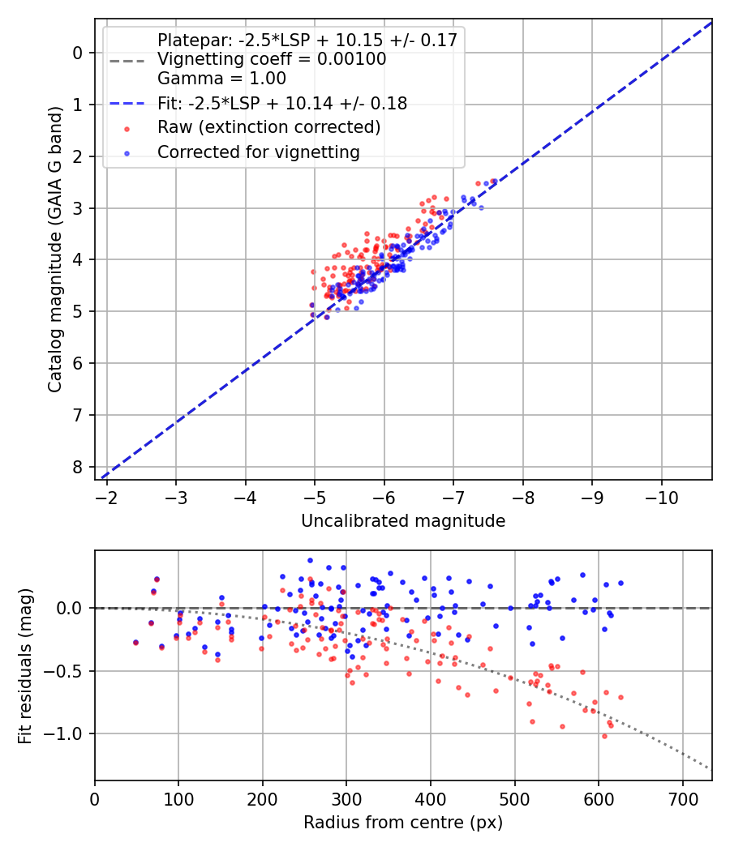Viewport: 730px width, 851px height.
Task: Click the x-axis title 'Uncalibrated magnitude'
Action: click(x=403, y=521)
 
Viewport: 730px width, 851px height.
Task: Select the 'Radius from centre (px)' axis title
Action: click(x=403, y=823)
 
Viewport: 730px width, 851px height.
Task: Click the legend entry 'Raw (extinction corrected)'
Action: click(x=268, y=127)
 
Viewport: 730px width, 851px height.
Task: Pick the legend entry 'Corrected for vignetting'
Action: click(x=259, y=152)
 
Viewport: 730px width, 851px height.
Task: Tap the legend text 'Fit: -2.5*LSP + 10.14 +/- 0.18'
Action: click(x=282, y=103)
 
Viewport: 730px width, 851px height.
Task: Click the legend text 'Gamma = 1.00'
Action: click(x=221, y=79)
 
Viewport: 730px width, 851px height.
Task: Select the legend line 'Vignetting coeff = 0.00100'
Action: click(x=272, y=59)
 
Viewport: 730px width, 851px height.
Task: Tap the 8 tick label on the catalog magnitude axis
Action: click(x=78, y=467)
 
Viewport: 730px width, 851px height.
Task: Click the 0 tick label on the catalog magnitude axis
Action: click(x=78, y=53)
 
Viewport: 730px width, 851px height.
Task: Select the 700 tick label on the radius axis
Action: click(x=682, y=798)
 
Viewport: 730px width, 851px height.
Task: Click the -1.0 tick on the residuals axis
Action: click(x=68, y=733)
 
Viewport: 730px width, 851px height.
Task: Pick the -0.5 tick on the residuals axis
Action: click(x=68, y=671)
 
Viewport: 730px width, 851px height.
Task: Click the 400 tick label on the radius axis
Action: click(x=431, y=798)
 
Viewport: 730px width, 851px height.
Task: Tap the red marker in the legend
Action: click(x=127, y=128)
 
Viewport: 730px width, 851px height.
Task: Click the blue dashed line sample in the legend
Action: click(x=127, y=104)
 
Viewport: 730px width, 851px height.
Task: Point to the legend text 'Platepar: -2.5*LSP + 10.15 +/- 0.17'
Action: click(x=307, y=40)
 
